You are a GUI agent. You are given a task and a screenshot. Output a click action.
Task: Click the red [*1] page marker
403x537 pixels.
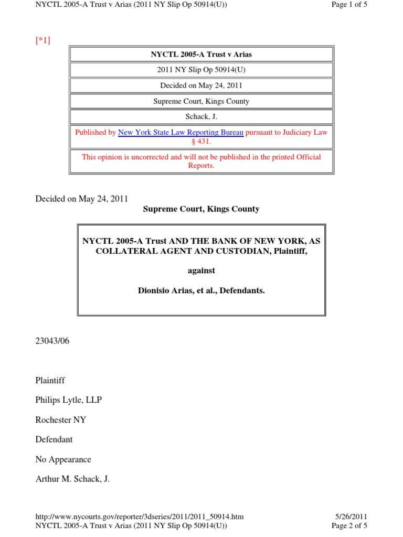pos(43,41)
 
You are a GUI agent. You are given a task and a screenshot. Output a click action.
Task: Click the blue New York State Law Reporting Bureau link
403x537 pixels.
pos(181,133)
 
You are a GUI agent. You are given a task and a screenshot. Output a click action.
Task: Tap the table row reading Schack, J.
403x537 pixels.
pos(201,117)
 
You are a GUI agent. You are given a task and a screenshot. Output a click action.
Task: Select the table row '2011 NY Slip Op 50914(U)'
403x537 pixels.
pos(201,70)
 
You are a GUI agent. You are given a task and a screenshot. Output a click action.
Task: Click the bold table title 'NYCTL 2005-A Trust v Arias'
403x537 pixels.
pos(201,55)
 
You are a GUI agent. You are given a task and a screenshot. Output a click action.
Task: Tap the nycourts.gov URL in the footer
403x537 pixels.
pos(139,517)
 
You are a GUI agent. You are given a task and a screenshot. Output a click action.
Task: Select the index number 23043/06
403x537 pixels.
pos(52,341)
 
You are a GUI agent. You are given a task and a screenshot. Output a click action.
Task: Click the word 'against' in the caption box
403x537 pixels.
pos(201,271)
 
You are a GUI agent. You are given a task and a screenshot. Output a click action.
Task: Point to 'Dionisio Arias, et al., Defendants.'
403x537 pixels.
pos(201,289)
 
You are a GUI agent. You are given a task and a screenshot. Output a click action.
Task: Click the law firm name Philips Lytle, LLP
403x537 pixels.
pos(68,400)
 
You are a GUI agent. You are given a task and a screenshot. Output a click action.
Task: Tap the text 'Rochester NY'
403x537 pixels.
pos(61,420)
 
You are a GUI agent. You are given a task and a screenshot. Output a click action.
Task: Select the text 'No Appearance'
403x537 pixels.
pos(63,459)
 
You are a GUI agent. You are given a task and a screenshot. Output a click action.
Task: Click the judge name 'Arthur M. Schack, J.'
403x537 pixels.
pos(72,479)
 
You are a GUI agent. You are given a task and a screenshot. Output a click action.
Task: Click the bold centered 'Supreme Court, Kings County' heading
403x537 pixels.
pos(201,209)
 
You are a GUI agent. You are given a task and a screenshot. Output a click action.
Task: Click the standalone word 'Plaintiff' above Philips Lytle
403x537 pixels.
pos(50,380)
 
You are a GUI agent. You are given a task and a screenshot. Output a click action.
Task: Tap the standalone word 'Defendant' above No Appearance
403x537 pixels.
pos(54,439)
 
